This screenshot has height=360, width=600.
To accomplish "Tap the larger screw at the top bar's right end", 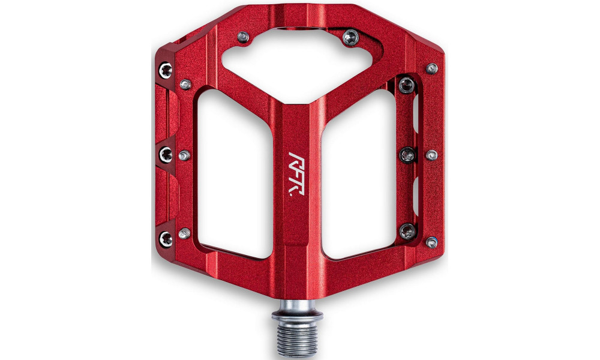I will tap(350, 38).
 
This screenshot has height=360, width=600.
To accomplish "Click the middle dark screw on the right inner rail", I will tap(408, 155).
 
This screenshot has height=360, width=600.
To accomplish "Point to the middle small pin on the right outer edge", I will tap(431, 155).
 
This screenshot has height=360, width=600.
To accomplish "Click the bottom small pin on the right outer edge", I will tap(431, 242).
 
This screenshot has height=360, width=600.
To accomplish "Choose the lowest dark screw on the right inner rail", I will tap(408, 230).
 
